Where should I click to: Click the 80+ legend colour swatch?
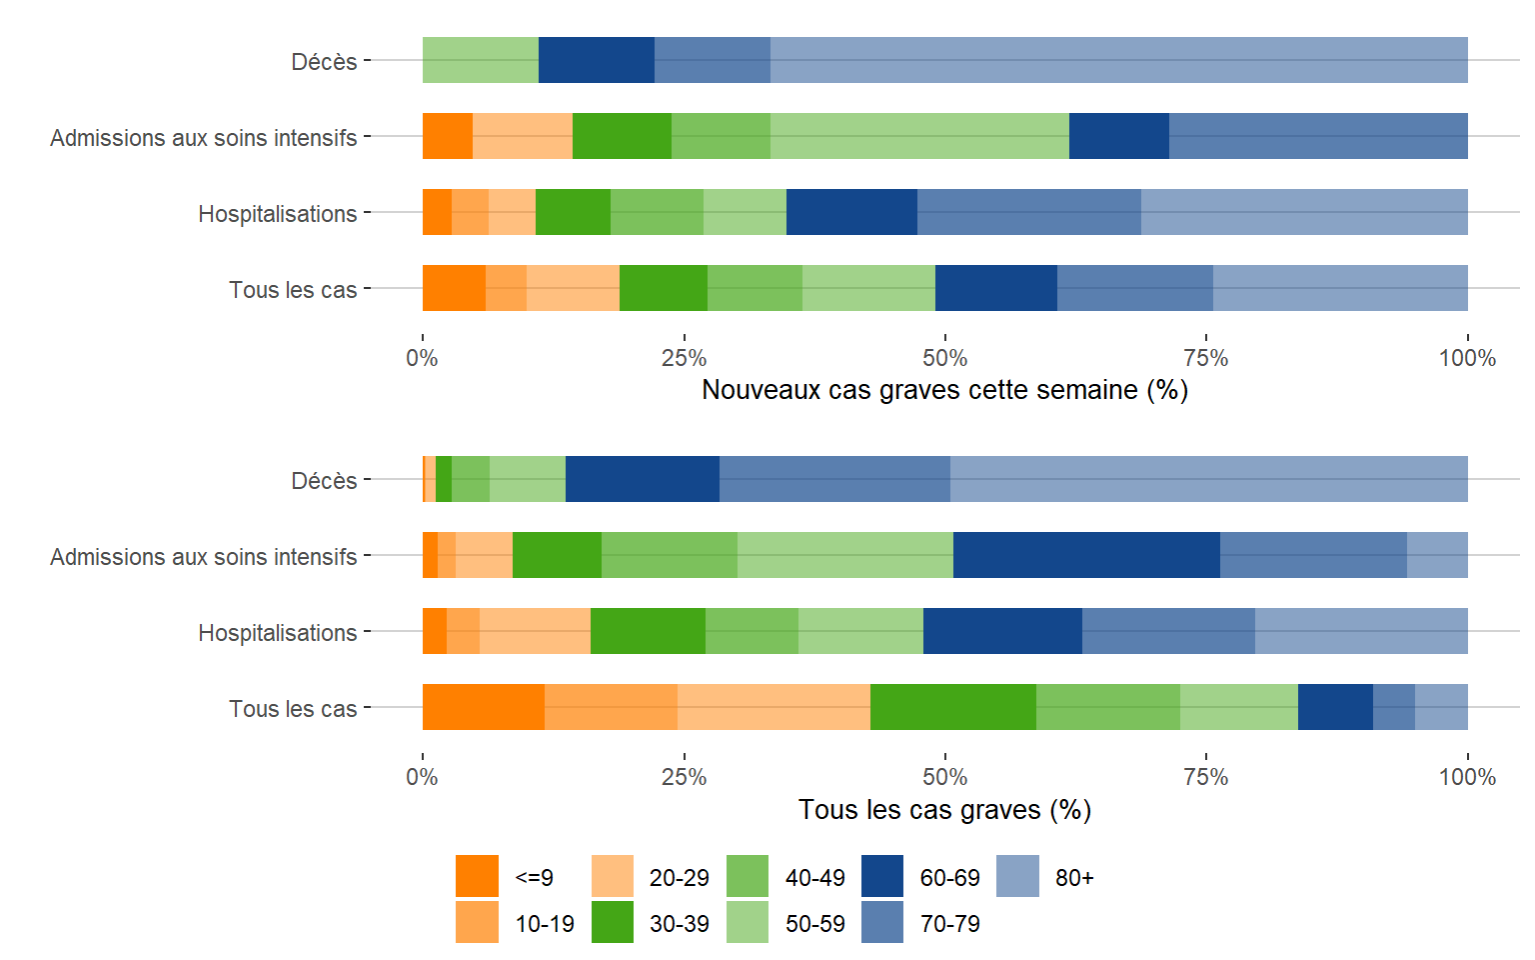click(x=1017, y=877)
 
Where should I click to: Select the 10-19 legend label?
click(x=545, y=924)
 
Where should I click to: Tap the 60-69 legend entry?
click(x=949, y=878)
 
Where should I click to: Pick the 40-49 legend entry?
click(x=814, y=878)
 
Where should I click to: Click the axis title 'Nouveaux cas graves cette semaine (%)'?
click(x=944, y=390)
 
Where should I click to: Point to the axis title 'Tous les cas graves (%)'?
click(x=944, y=810)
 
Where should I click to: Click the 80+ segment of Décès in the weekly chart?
click(x=1118, y=60)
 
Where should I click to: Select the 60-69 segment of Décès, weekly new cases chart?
click(x=596, y=60)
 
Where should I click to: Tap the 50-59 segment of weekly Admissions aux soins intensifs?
click(x=919, y=136)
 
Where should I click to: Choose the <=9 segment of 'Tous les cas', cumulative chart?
click(x=484, y=707)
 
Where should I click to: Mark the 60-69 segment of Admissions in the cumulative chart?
click(x=1086, y=555)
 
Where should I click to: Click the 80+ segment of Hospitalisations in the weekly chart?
click(x=1304, y=212)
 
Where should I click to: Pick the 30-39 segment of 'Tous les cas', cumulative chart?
click(x=952, y=707)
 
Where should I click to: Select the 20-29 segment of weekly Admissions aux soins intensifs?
click(x=522, y=136)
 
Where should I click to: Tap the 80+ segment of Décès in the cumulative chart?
click(x=1208, y=479)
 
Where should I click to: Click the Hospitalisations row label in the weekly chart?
click(x=277, y=214)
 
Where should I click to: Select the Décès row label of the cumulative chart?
click(x=324, y=481)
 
